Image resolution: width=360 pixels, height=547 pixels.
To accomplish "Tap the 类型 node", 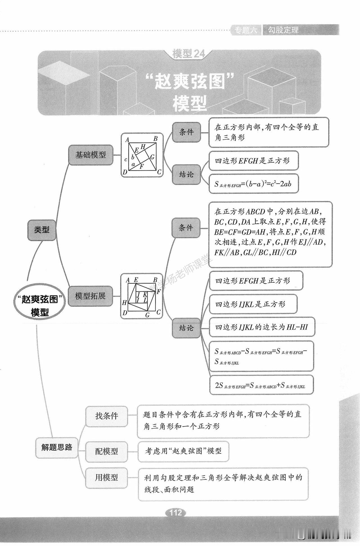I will point(42,230).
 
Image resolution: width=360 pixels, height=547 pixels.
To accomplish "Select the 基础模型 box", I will point(91,155).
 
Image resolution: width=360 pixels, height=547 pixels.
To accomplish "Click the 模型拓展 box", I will point(90,296).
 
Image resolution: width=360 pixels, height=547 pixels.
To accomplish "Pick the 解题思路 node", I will point(57,447).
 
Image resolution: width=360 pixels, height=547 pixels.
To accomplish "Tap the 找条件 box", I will point(106,416).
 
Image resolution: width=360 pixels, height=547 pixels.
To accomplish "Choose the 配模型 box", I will point(106,451).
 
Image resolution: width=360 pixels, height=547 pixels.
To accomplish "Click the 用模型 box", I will point(106,477).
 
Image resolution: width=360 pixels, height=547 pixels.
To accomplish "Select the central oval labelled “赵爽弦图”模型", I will point(40,305).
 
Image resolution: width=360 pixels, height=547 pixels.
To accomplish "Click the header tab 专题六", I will point(246,30).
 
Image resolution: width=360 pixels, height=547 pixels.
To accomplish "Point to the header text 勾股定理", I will point(283,30).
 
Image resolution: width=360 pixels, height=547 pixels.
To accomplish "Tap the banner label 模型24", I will point(189,54).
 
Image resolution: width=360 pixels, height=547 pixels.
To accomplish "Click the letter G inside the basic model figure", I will point(152,157).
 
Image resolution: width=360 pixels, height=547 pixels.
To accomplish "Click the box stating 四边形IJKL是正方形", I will point(253,304).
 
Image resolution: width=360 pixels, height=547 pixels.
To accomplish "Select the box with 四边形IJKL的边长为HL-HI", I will point(262,327).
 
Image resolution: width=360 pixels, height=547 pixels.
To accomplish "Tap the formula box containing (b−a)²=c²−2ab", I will point(253,184).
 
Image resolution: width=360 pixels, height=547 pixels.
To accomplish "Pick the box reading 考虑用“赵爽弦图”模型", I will point(183,451).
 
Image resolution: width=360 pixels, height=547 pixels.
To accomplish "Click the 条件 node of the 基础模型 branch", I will point(186,132).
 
